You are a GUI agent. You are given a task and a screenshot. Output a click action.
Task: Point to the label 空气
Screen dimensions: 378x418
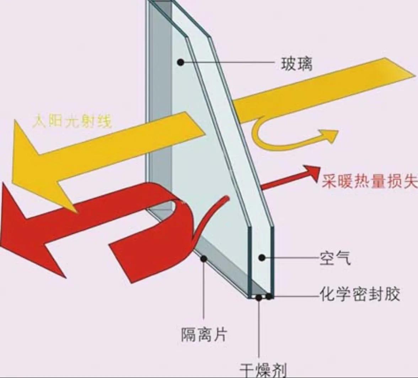click(x=335, y=258)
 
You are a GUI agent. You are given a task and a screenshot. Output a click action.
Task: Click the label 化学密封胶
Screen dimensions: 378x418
click(x=360, y=294)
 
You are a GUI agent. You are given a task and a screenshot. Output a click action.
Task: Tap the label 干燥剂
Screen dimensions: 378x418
click(x=263, y=370)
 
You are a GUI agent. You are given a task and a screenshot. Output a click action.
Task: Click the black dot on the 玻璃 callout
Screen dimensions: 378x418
click(x=181, y=63)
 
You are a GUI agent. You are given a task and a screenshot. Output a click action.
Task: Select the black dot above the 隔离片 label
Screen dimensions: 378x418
click(x=204, y=259)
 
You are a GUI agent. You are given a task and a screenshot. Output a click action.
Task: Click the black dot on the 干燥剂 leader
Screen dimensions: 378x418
click(x=259, y=298)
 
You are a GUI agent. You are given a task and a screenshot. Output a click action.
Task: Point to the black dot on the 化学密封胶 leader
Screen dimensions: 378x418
click(x=269, y=296)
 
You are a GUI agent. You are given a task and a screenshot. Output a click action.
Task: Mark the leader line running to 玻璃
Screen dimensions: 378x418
click(x=227, y=63)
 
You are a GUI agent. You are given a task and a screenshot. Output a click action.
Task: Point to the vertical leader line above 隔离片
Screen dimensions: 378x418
click(x=204, y=291)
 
